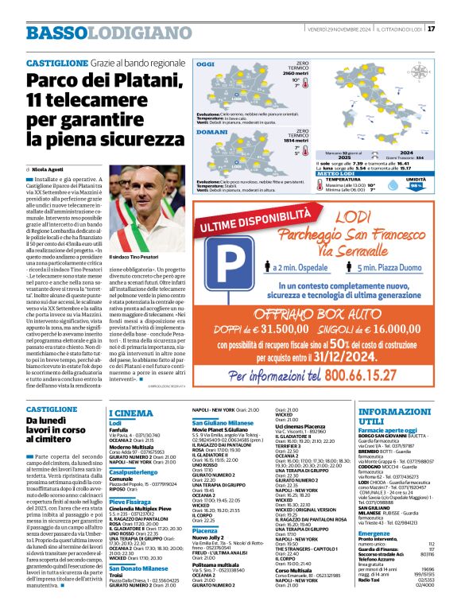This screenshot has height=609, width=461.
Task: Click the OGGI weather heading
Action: click(x=205, y=64)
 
